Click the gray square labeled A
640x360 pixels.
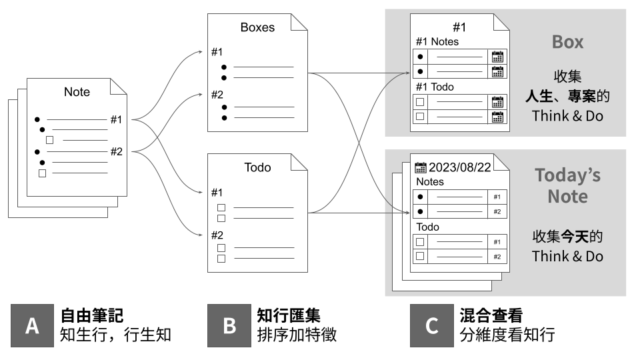(32, 325)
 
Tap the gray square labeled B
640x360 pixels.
(229, 325)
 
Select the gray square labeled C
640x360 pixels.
(431, 325)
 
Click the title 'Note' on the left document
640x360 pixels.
(77, 92)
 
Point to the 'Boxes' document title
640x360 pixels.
(257, 28)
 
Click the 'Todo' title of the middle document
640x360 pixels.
(257, 167)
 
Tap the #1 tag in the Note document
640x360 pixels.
(116, 120)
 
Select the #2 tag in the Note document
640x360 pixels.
(116, 151)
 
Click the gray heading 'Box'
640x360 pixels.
(567, 42)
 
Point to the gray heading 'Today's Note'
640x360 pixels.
(567, 185)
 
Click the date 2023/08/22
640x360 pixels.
(460, 167)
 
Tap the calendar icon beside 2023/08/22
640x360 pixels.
(421, 167)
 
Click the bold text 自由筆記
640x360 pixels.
(91, 315)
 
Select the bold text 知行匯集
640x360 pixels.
(288, 315)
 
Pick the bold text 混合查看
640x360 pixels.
(491, 315)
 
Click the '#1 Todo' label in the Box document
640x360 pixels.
(434, 87)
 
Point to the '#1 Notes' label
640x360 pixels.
(437, 41)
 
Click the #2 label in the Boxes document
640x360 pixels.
(217, 95)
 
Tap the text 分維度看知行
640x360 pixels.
(507, 335)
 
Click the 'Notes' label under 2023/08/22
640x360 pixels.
(429, 181)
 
